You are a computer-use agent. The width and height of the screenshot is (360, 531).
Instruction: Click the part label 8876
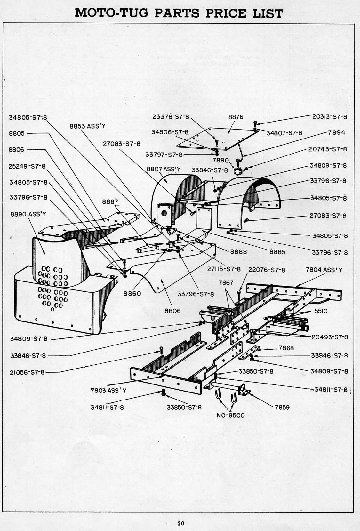pos(236,117)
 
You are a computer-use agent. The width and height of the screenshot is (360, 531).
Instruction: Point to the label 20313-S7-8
pos(330,117)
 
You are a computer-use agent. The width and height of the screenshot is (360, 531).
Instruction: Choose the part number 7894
pos(336,132)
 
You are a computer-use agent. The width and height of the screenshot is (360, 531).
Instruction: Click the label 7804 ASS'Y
pos(324,270)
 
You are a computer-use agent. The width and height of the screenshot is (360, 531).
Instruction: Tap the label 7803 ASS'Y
pos(108,390)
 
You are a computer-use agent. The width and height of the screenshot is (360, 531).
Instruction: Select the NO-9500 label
pos(230,416)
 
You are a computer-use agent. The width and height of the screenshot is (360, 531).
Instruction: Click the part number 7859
pos(282,407)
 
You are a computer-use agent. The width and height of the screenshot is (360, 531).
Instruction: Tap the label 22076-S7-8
pos(267,270)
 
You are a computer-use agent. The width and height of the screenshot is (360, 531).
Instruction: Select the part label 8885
pos(277,252)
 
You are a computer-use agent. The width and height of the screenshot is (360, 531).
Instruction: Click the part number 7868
pos(286,348)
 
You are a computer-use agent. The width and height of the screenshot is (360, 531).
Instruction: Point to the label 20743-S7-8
pos(328,149)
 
